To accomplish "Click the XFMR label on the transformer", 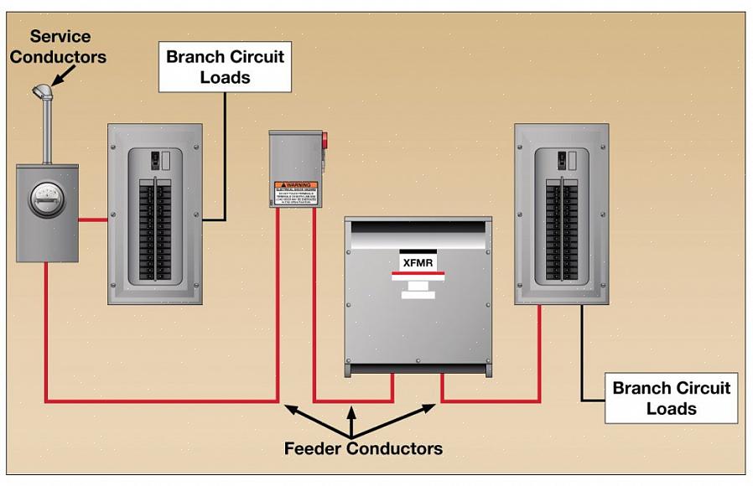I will click(418, 261).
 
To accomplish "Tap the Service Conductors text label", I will click(58, 47).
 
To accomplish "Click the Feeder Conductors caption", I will click(363, 448).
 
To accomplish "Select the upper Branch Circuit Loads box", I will click(225, 68).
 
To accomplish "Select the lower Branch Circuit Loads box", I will click(671, 399).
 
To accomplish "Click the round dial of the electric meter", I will click(47, 199).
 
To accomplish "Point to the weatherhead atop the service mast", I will click(42, 90).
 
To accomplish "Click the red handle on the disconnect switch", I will click(325, 140).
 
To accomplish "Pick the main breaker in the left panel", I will click(156, 159).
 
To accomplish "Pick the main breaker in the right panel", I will click(563, 159).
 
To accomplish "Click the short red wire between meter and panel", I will click(93, 220).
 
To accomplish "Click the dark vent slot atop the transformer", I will click(418, 227).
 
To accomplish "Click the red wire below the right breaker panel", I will click(539, 352).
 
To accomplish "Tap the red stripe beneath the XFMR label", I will click(418, 274).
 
